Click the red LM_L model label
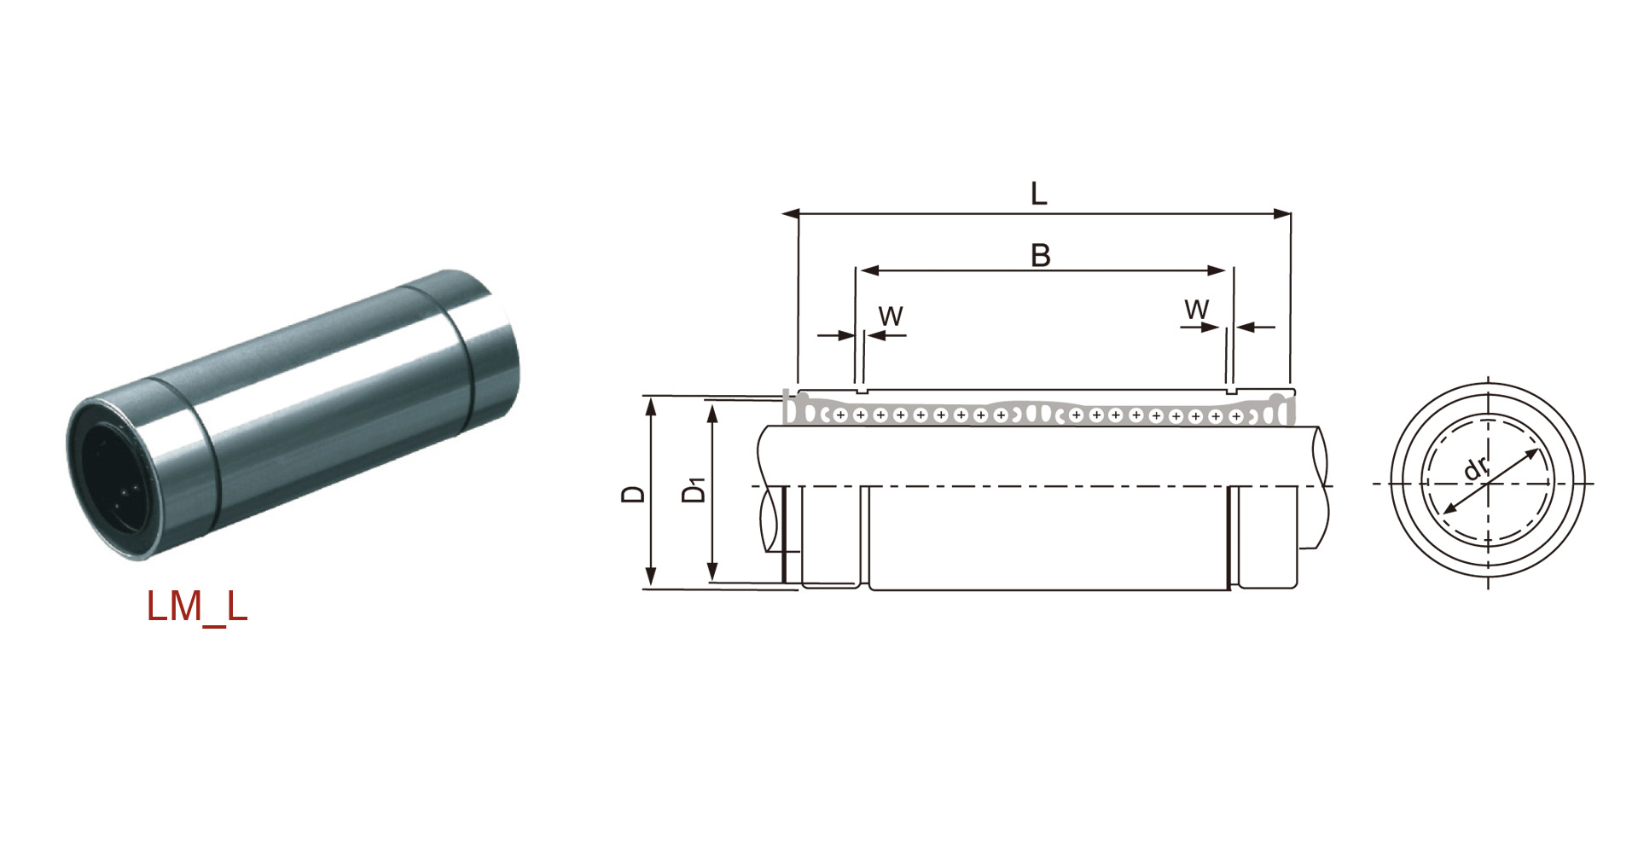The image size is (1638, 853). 197,606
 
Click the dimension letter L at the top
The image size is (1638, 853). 1038,194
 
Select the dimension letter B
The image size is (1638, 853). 1041,255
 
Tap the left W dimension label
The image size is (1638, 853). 891,316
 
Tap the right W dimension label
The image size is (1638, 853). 1197,310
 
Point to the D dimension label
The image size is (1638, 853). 633,494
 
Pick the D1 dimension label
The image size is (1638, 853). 694,490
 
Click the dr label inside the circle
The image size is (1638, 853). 1475,468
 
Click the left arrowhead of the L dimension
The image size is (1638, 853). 791,213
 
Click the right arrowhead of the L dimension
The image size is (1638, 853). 1282,213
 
